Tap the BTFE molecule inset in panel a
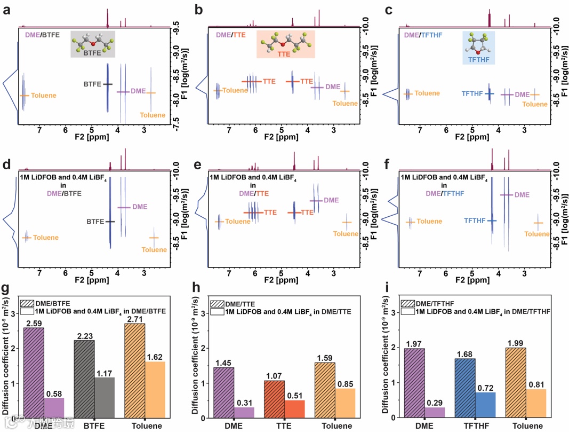click(93, 44)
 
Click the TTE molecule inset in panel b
click(286, 44)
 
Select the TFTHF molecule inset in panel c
click(479, 48)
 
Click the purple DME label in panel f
click(522, 195)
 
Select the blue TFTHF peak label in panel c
click(471, 94)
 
